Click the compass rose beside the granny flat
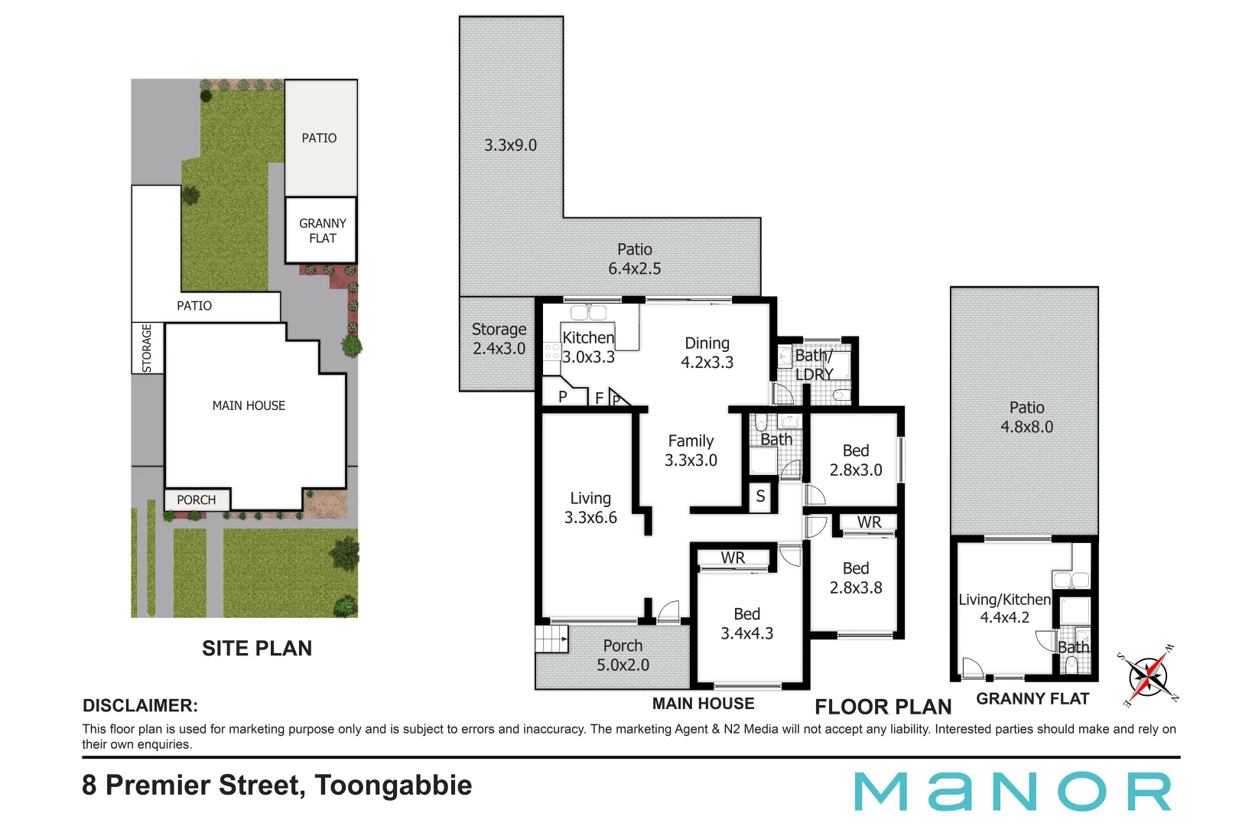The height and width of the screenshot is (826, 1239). (x=1148, y=676)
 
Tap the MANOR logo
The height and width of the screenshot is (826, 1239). (x=1013, y=792)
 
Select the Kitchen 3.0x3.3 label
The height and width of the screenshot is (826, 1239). (x=588, y=347)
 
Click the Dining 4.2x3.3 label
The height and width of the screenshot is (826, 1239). (x=707, y=353)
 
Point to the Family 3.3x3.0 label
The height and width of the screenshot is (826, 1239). (x=691, y=450)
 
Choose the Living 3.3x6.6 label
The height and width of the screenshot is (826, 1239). (x=590, y=508)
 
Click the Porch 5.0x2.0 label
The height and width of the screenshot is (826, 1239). (x=623, y=655)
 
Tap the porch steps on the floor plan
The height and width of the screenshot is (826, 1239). (x=551, y=639)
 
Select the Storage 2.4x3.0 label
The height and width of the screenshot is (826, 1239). (x=499, y=339)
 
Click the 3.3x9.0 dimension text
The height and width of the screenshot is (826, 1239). (x=510, y=145)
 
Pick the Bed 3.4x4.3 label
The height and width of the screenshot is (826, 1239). (x=746, y=623)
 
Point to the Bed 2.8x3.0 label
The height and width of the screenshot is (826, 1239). (x=856, y=460)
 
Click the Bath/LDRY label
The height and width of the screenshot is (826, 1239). (x=814, y=365)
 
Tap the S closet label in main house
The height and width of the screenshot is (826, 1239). (x=760, y=496)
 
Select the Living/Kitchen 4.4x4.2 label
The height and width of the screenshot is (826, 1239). (x=1004, y=608)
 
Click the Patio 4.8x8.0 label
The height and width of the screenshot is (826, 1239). (x=1026, y=417)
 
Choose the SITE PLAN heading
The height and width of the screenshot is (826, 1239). (x=257, y=649)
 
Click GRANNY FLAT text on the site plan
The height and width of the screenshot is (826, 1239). (x=322, y=230)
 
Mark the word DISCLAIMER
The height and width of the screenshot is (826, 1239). (x=140, y=706)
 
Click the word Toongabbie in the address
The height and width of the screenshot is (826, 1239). (x=393, y=785)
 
